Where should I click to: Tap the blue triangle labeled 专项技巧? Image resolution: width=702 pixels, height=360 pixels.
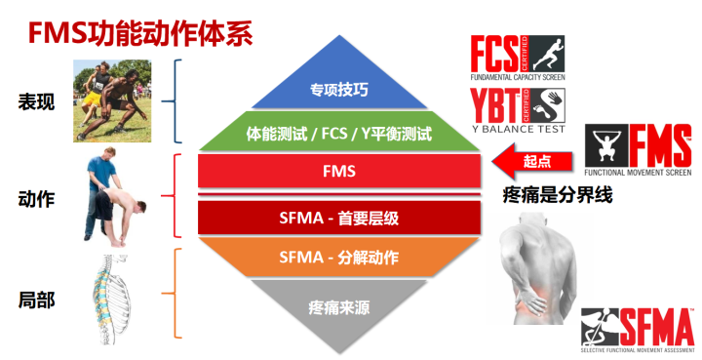click(339, 90)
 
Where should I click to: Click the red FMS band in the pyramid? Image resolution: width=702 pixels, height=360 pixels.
click(339, 172)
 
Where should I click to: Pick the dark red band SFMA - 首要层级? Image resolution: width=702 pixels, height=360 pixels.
click(339, 215)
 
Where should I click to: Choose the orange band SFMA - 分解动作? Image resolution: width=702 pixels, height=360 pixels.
click(339, 259)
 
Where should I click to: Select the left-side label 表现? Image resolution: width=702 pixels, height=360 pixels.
click(36, 100)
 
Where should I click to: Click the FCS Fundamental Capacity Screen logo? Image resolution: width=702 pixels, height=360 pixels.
click(517, 59)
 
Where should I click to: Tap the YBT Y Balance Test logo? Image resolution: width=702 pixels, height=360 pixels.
click(517, 108)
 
